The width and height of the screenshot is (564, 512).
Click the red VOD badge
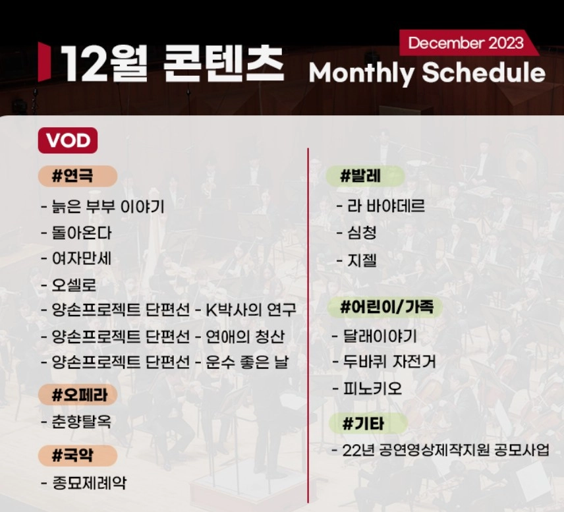(x=68, y=140)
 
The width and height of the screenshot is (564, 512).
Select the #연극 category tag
(x=77, y=176)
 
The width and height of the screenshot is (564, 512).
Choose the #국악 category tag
(x=77, y=455)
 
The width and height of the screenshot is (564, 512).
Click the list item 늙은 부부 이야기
(x=108, y=207)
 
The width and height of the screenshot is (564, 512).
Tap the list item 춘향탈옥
(x=82, y=422)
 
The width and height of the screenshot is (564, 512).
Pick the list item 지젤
(x=362, y=260)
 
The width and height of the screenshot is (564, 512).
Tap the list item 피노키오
(x=372, y=389)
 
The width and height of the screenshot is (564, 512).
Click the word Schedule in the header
(x=483, y=72)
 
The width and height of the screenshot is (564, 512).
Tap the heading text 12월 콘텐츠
(x=173, y=64)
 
